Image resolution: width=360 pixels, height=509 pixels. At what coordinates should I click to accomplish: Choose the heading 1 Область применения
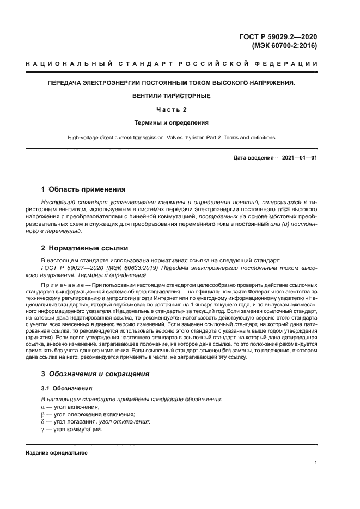pos(83,190)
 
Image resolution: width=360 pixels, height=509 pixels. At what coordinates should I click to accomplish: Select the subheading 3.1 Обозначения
pos(67,388)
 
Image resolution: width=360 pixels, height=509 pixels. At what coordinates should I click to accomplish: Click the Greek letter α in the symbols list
pos(44,407)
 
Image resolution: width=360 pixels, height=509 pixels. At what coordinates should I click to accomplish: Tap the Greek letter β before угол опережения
pos(44,414)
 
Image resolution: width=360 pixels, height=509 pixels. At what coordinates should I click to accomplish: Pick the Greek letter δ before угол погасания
pos(44,421)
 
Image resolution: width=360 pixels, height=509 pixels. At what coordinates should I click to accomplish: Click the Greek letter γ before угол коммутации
pos(44,429)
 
